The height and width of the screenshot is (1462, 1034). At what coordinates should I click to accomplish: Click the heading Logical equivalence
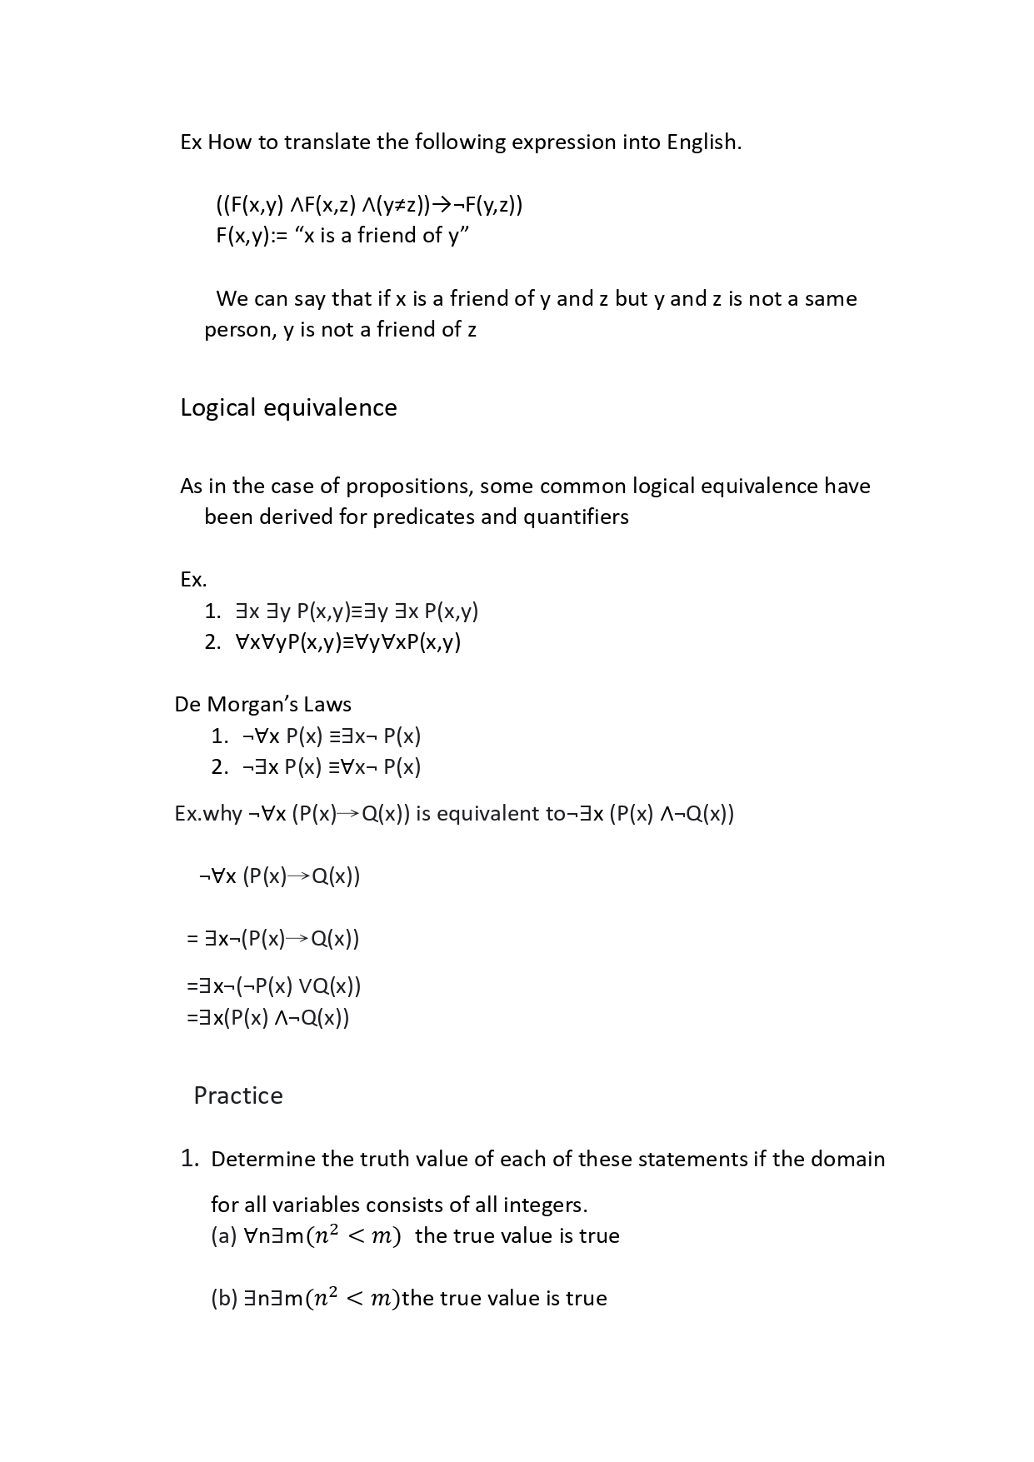pyautogui.click(x=288, y=407)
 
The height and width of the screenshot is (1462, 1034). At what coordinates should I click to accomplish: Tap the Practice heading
pyautogui.click(x=238, y=1095)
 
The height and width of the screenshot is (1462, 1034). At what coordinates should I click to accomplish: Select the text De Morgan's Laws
pyautogui.click(x=262, y=704)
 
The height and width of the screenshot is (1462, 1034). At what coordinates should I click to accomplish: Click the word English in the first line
pyautogui.click(x=702, y=142)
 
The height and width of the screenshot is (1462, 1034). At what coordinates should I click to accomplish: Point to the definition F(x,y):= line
pyautogui.click(x=342, y=236)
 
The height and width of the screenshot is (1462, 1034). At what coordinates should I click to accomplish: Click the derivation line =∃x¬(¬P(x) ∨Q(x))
pyautogui.click(x=274, y=986)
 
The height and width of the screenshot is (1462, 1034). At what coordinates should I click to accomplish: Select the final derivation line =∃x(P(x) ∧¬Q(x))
pyautogui.click(x=268, y=1017)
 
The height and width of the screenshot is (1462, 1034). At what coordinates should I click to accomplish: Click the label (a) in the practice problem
pyautogui.click(x=224, y=1235)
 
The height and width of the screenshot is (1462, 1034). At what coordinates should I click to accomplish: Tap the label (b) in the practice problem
pyautogui.click(x=224, y=1298)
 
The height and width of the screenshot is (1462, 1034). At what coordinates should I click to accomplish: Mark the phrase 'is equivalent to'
pyautogui.click(x=490, y=813)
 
